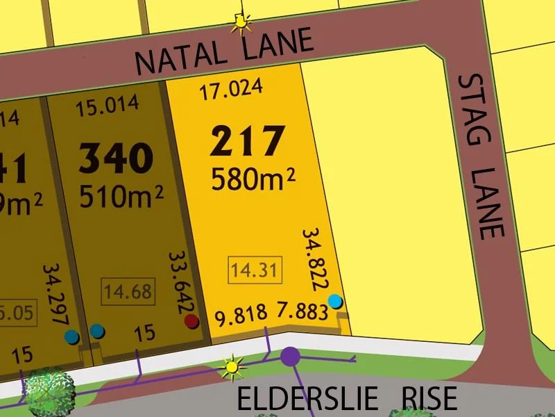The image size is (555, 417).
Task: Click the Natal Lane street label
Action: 223,53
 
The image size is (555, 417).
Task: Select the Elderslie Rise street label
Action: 347,399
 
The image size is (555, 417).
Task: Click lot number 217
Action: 248,142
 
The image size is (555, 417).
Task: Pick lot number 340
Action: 116,158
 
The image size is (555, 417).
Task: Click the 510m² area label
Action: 121,197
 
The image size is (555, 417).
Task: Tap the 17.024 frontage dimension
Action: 231,89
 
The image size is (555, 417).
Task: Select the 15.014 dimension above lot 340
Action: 108,106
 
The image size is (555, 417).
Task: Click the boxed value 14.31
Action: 255,269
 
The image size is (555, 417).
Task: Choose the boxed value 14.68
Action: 127,290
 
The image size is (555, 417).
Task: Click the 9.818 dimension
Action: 241,316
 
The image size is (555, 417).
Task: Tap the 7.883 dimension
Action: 302,311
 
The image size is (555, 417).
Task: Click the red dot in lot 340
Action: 191,321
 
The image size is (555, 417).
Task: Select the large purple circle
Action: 291,357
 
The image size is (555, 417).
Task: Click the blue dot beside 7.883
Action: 335,301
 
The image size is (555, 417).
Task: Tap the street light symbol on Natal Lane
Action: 241,24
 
